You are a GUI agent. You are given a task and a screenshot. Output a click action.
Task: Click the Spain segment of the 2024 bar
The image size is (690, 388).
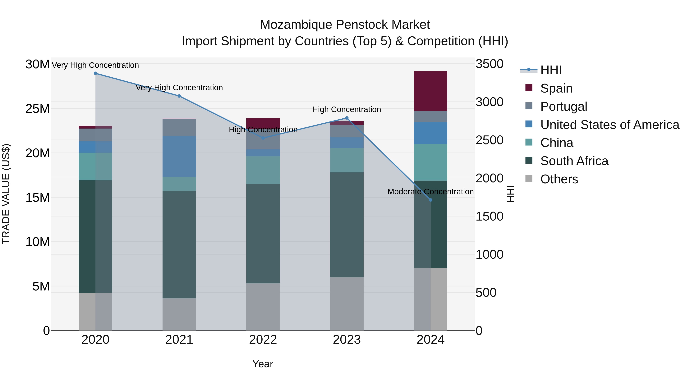click(430, 91)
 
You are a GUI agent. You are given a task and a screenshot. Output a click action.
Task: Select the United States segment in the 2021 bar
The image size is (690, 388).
click(179, 156)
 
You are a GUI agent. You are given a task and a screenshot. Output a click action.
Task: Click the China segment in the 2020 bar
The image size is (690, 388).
click(95, 166)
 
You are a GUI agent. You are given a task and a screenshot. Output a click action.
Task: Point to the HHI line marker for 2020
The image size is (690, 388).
click(95, 73)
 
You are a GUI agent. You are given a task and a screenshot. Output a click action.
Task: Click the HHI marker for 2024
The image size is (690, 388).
click(430, 200)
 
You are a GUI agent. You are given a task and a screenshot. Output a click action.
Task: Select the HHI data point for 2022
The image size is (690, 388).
click(263, 138)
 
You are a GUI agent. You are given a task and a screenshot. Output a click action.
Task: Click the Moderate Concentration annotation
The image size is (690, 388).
click(430, 192)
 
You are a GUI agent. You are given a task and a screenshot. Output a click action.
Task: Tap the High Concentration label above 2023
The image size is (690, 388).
click(346, 110)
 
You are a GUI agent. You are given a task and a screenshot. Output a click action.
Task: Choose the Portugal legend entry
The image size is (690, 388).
click(563, 107)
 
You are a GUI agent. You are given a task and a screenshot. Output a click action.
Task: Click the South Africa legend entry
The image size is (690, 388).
click(574, 161)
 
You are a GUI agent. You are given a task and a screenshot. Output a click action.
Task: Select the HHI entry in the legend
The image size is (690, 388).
click(551, 70)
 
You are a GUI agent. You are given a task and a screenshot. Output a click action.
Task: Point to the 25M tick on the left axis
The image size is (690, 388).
click(38, 109)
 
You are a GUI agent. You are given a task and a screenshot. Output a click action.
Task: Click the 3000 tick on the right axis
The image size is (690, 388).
click(489, 102)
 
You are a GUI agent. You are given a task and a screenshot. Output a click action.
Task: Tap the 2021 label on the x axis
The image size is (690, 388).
click(179, 340)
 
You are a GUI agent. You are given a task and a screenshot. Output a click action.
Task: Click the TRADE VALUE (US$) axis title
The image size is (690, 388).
click(6, 194)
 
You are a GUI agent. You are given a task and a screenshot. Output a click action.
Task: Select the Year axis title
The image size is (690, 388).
click(263, 364)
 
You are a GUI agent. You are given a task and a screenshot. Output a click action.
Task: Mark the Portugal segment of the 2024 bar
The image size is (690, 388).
click(430, 117)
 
